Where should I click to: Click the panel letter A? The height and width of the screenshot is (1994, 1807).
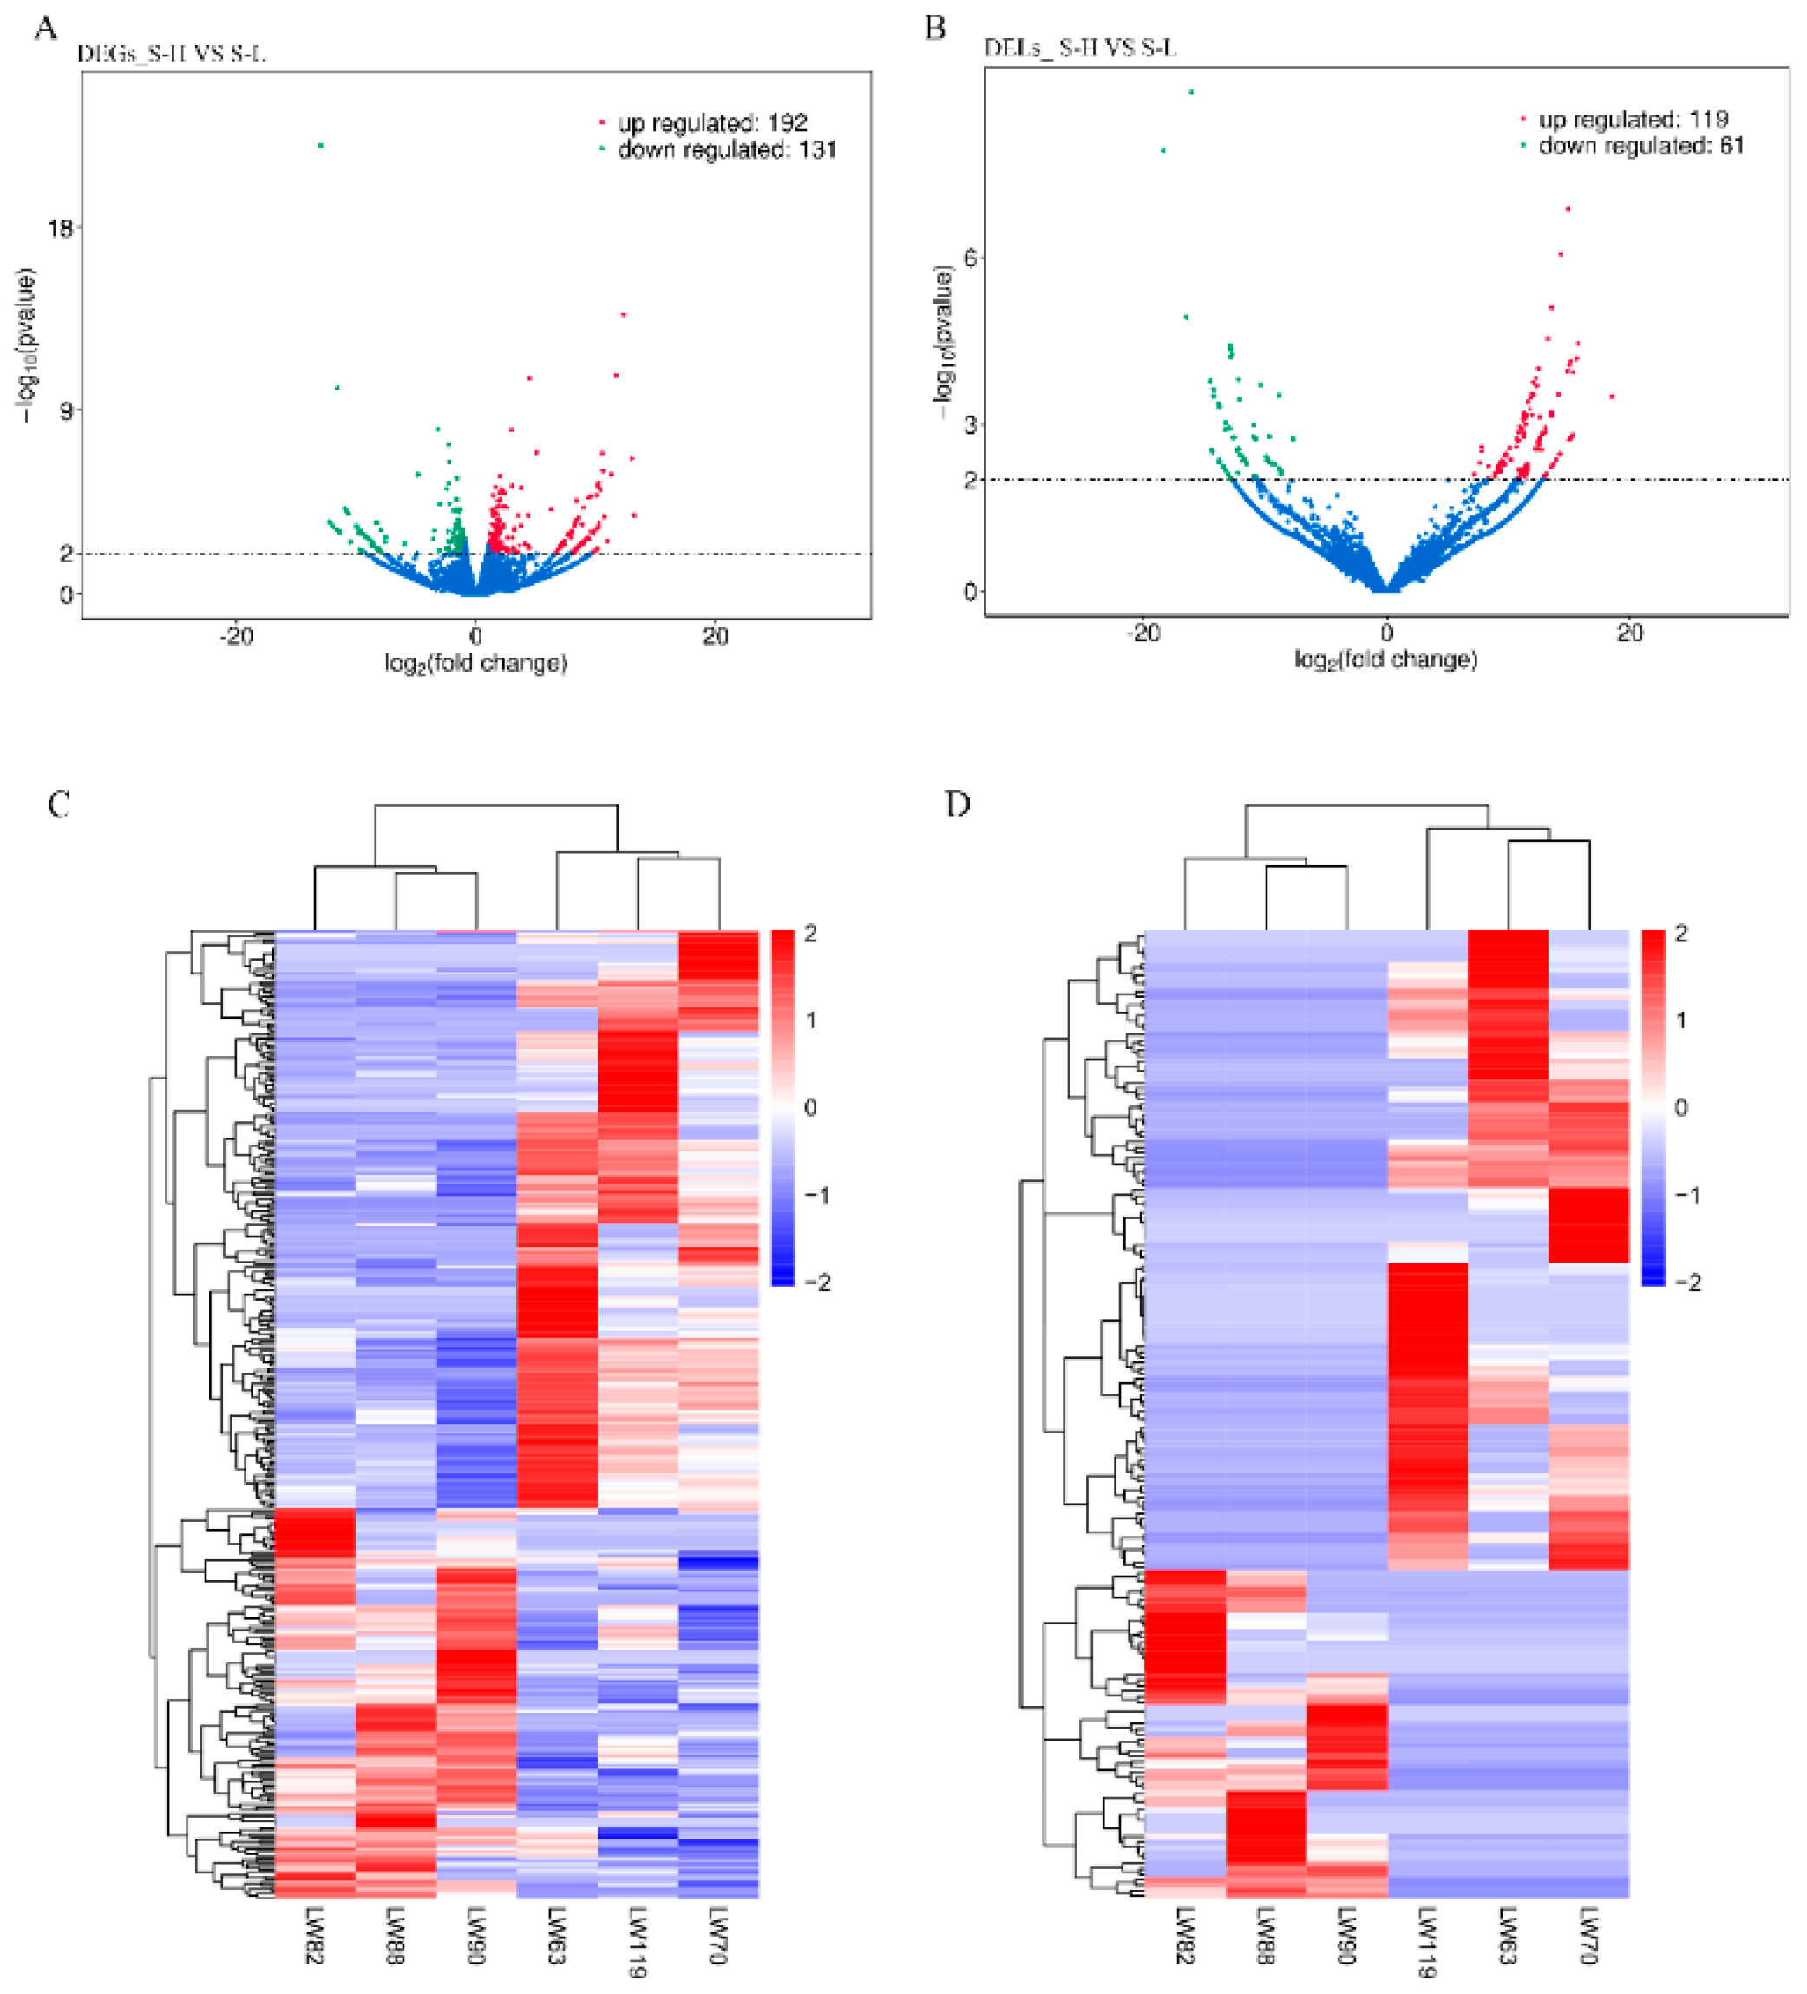click(45, 28)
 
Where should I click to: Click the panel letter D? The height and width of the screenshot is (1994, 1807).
click(956, 804)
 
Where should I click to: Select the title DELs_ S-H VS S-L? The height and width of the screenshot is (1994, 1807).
click(1080, 48)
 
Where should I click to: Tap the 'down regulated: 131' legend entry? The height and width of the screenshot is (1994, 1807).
click(726, 149)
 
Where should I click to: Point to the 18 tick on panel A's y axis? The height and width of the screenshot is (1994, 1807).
click(61, 227)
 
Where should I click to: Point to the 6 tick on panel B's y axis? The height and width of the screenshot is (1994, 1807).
click(969, 257)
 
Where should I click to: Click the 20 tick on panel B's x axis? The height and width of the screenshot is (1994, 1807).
click(1629, 632)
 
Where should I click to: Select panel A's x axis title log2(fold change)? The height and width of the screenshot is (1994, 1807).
click(475, 663)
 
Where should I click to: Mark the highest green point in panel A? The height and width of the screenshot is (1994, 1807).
click(320, 146)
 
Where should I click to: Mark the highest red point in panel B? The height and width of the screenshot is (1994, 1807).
click(1568, 209)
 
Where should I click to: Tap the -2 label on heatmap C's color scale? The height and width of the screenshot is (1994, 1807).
click(817, 1282)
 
